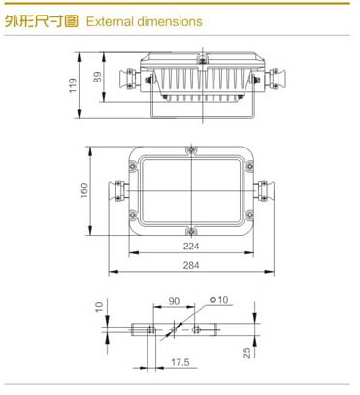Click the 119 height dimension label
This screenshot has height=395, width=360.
point(73,85)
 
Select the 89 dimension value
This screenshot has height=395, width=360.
point(98,77)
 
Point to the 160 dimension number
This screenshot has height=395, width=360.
point(84,191)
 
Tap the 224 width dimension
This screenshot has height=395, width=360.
point(191,247)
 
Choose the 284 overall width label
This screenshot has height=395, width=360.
point(191,265)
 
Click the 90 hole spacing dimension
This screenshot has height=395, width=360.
point(174,301)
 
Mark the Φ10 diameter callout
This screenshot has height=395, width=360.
point(219,300)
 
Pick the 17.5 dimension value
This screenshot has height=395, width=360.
point(180,362)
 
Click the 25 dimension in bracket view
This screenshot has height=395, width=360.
point(247,352)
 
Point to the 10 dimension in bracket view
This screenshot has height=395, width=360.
point(99,306)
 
